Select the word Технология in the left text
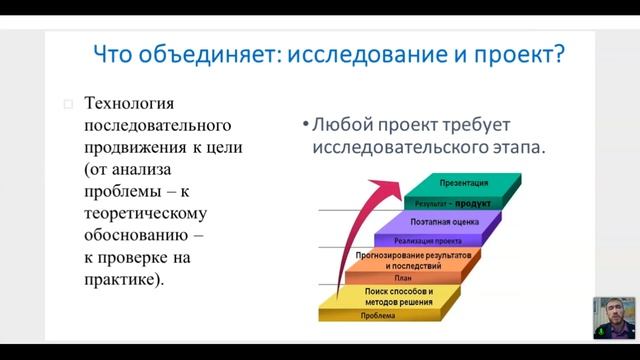[130, 104]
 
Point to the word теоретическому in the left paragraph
[150, 214]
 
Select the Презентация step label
[463, 183]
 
